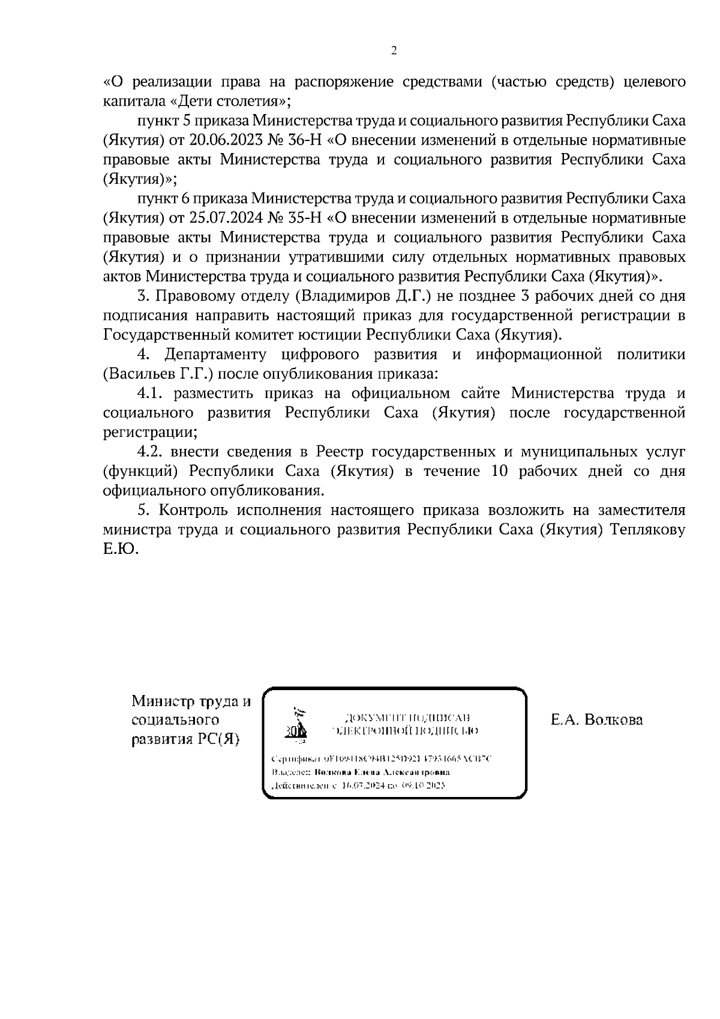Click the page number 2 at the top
(394, 51)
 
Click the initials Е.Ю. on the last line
(121, 549)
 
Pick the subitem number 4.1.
(152, 393)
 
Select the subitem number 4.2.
(152, 451)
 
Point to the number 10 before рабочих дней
(500, 471)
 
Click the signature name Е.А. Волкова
(596, 719)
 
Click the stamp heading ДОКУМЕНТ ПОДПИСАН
(406, 718)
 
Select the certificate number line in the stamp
(382, 759)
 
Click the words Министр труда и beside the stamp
(191, 700)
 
